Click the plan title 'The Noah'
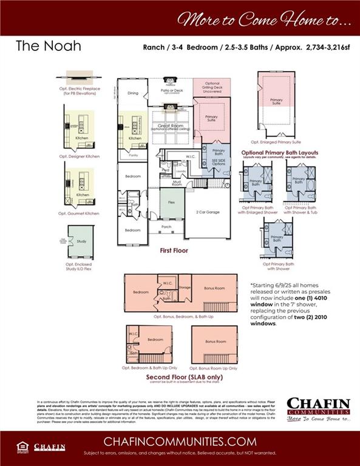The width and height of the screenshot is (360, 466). click(48, 46)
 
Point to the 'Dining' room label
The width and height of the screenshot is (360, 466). click(133, 93)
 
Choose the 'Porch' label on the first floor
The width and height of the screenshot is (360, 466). click(166, 228)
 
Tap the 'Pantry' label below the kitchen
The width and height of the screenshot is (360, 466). click(132, 156)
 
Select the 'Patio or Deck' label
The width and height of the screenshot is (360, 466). click(171, 90)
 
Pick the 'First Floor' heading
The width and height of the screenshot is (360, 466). click(174, 250)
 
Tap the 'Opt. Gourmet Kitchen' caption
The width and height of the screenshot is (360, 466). click(79, 214)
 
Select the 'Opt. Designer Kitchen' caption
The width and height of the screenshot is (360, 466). click(79, 157)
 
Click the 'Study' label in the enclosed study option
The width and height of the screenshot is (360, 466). click(81, 241)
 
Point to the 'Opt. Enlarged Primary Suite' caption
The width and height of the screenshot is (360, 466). click(276, 141)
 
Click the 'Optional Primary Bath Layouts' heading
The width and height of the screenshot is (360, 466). click(279, 152)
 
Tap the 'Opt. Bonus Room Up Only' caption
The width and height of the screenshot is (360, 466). click(214, 367)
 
